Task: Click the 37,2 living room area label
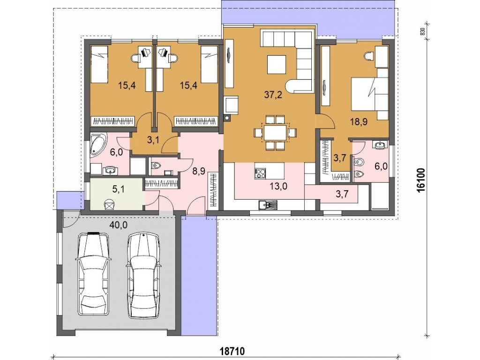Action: (x=273, y=95)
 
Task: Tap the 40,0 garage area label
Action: (x=119, y=225)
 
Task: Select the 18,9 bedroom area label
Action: (x=359, y=122)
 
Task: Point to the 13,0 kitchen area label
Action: (x=278, y=186)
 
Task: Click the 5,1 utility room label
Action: (x=119, y=189)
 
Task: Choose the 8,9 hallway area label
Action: (x=199, y=171)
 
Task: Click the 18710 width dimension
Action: (x=232, y=351)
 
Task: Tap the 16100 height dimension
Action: (x=421, y=180)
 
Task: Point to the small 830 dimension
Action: (x=423, y=31)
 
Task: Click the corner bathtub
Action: (x=98, y=143)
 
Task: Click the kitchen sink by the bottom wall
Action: (x=267, y=205)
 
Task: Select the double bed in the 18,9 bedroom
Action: (x=369, y=94)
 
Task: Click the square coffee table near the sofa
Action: (x=277, y=65)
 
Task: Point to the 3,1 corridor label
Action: (x=153, y=141)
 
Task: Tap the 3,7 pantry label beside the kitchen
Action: (x=342, y=194)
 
